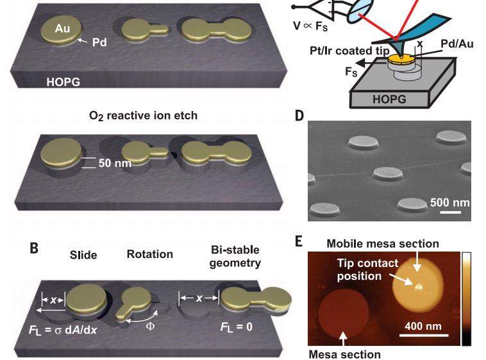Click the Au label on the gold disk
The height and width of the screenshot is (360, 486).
click(62, 29)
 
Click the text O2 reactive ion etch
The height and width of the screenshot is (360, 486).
click(144, 116)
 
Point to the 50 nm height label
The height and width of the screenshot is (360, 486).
click(115, 163)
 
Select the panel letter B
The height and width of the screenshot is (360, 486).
click(34, 248)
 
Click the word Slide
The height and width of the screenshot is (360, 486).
click(83, 255)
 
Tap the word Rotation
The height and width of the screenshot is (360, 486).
click(149, 254)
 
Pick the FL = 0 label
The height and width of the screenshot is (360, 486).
click(235, 327)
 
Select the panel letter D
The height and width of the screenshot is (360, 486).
click(299, 116)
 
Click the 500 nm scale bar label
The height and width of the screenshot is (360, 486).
click(449, 202)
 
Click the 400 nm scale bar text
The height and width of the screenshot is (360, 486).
click(423, 326)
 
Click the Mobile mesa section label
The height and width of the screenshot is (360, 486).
click(383, 243)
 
